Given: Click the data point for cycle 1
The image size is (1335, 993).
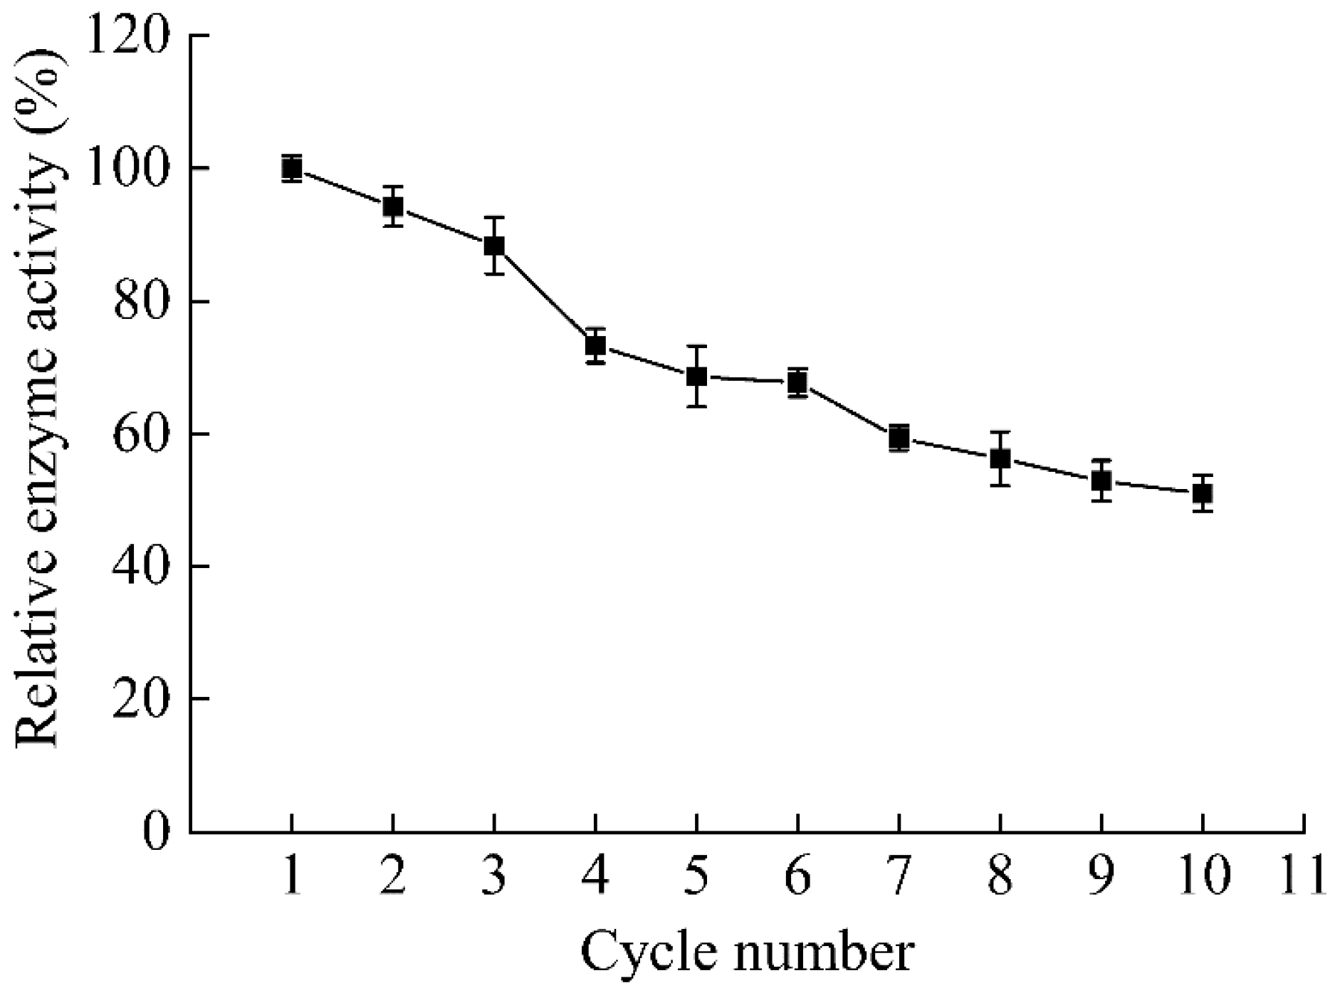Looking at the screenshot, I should click(x=291, y=169).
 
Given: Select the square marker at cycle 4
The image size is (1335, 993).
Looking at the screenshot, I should click(x=595, y=345).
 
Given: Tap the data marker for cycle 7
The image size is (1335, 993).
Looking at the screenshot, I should click(x=899, y=438).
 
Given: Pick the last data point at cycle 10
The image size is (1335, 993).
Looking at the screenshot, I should click(x=1203, y=493).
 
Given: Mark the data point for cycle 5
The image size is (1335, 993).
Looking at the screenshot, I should click(x=696, y=376).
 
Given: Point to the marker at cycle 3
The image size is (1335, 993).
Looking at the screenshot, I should click(x=494, y=246).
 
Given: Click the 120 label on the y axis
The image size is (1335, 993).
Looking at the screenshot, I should click(x=127, y=36).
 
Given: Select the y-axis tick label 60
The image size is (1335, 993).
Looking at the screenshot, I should click(x=142, y=434).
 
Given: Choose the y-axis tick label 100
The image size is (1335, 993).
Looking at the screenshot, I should click(x=127, y=169).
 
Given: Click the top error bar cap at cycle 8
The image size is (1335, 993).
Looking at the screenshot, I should click(x=1000, y=432).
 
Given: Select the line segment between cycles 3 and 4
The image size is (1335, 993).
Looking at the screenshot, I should click(x=545, y=295).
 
